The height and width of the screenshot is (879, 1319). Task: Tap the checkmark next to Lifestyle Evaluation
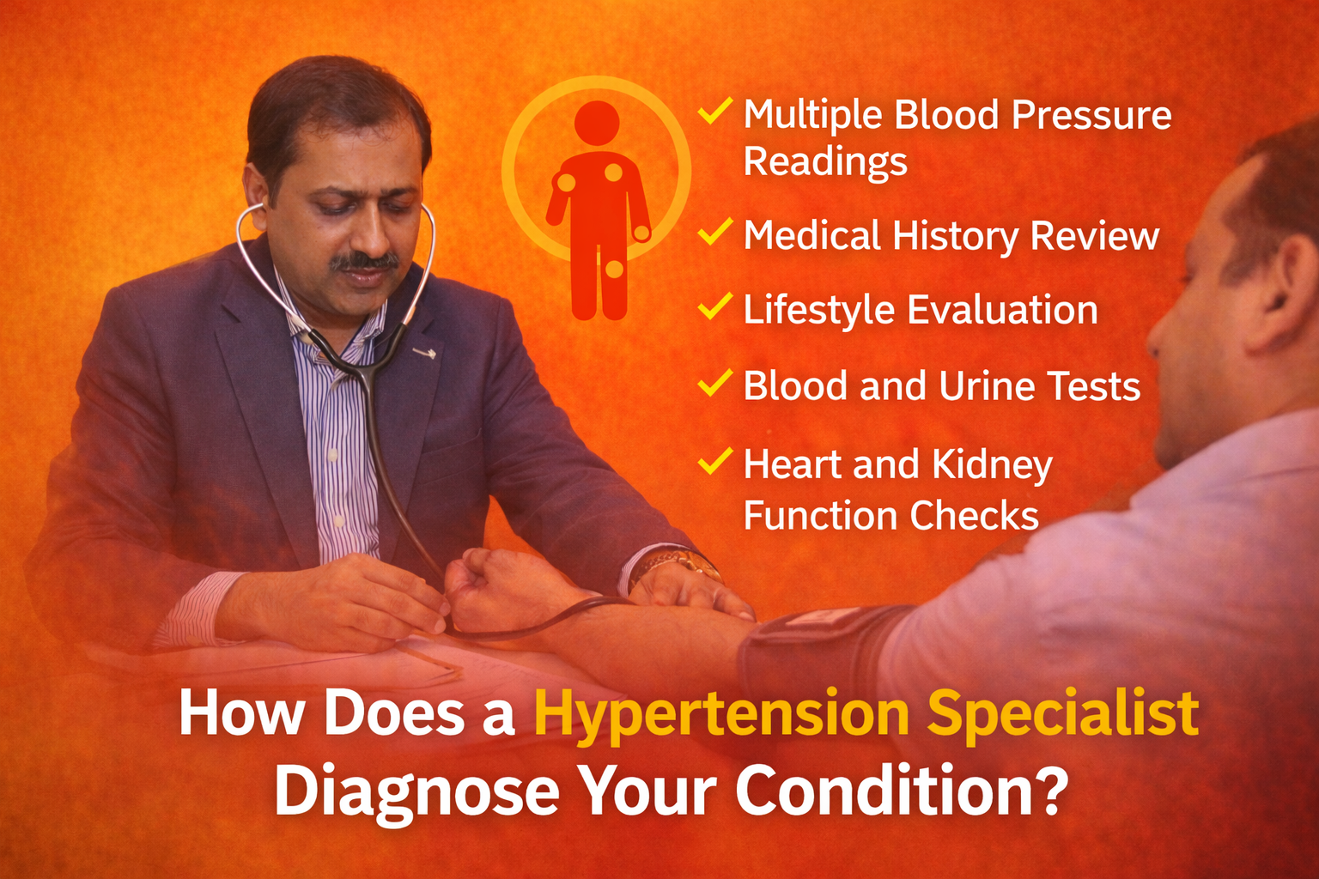714,306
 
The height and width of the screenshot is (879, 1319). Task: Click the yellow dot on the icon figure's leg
614,269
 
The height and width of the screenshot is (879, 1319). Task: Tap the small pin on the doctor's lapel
424,354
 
